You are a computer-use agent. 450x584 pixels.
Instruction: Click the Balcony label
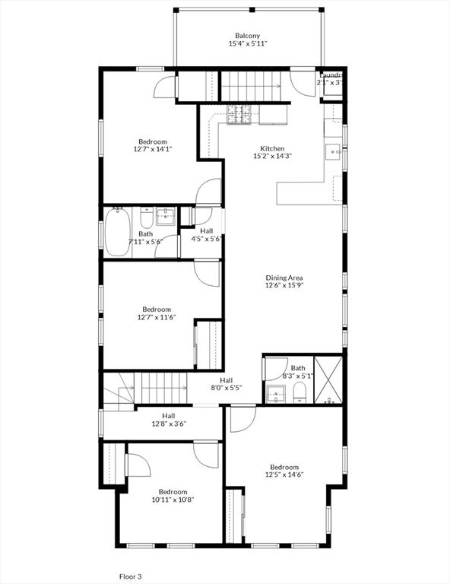coord(248,36)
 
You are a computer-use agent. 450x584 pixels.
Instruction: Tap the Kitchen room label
coord(273,148)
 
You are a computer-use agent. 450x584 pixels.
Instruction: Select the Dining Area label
coord(284,278)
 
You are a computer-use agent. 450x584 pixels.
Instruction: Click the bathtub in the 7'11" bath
coord(118,231)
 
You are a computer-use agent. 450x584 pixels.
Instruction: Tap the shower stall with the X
coord(328,378)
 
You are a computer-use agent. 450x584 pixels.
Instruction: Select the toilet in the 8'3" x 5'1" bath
coord(299,392)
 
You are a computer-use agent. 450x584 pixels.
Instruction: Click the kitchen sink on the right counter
coord(334,151)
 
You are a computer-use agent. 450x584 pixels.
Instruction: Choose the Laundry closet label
coord(331,75)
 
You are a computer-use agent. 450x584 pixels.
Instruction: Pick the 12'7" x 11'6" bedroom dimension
coord(157,318)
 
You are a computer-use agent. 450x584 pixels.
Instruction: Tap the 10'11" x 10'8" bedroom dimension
coord(173,500)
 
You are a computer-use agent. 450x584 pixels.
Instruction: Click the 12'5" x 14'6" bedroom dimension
coord(284,475)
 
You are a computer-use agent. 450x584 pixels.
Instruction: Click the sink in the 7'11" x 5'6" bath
coord(166,217)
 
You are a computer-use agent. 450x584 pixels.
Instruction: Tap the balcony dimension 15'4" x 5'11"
coord(248,44)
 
